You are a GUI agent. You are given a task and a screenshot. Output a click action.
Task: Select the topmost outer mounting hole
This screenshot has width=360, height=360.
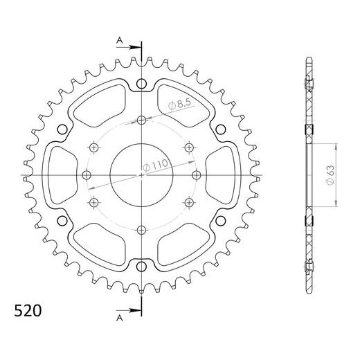click(142, 84)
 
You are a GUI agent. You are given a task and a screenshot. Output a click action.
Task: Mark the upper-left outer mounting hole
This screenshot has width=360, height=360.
click(63, 129)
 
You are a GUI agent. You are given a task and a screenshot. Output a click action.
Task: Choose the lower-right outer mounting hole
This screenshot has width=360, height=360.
click(220, 221)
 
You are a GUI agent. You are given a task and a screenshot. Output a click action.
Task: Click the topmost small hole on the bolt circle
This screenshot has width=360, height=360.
click(141, 119)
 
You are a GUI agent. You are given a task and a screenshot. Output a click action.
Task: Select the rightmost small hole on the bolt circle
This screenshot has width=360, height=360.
click(197, 173)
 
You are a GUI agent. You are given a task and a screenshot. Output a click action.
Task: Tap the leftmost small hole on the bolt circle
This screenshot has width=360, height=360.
click(87, 173)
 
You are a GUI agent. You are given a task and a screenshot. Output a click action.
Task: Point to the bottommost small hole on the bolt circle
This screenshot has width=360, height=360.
click(141, 230)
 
